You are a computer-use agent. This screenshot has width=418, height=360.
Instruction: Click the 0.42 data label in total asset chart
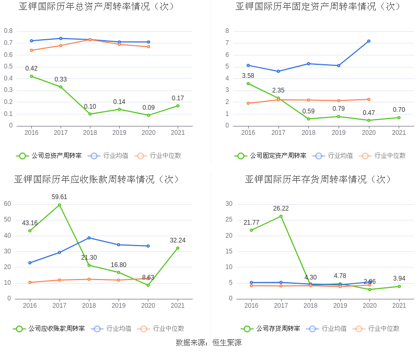click(31, 68)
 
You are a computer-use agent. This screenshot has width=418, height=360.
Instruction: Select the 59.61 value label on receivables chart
click(59, 197)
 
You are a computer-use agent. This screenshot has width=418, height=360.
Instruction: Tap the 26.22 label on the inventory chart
click(281, 208)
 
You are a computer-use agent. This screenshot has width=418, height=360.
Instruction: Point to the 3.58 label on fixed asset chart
click(248, 76)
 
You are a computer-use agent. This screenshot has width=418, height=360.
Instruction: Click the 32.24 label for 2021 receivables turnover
click(178, 240)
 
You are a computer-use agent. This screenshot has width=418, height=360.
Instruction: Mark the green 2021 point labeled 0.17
click(178, 106)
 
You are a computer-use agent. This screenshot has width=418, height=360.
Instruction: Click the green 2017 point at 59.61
click(59, 205)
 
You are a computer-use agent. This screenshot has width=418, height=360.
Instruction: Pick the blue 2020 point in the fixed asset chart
click(369, 41)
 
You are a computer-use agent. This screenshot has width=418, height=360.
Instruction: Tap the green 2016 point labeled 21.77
click(251, 230)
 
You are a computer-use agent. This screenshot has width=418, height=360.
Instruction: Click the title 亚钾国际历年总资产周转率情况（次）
click(97, 7)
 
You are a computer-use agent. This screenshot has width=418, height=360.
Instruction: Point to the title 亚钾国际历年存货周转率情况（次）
click(319, 180)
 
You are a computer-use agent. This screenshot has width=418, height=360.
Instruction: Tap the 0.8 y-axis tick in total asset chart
click(8, 31)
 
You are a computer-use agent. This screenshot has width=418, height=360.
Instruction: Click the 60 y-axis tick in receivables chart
click(7, 204)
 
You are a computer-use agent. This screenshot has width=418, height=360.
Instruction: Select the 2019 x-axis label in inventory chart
click(340, 306)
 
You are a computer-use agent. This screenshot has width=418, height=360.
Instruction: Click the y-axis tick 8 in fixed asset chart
click(227, 31)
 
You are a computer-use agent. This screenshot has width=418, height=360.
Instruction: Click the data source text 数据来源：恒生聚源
click(208, 343)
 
